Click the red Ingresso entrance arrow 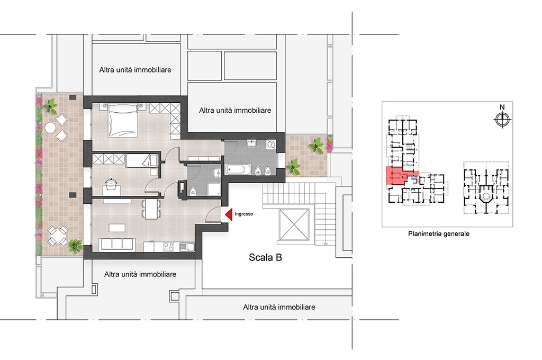tap(229, 214)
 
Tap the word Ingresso tap(243, 214)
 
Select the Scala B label tap(265, 257)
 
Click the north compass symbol tap(502, 120)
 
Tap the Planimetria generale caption tap(439, 234)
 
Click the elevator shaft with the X tap(294, 224)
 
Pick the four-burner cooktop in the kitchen tap(169, 247)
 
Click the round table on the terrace tap(50, 128)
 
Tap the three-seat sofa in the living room tap(117, 244)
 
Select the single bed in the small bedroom tap(142, 161)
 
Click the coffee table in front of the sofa tap(117, 228)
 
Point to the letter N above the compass tap(502, 107)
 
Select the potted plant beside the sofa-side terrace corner tap(75, 246)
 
